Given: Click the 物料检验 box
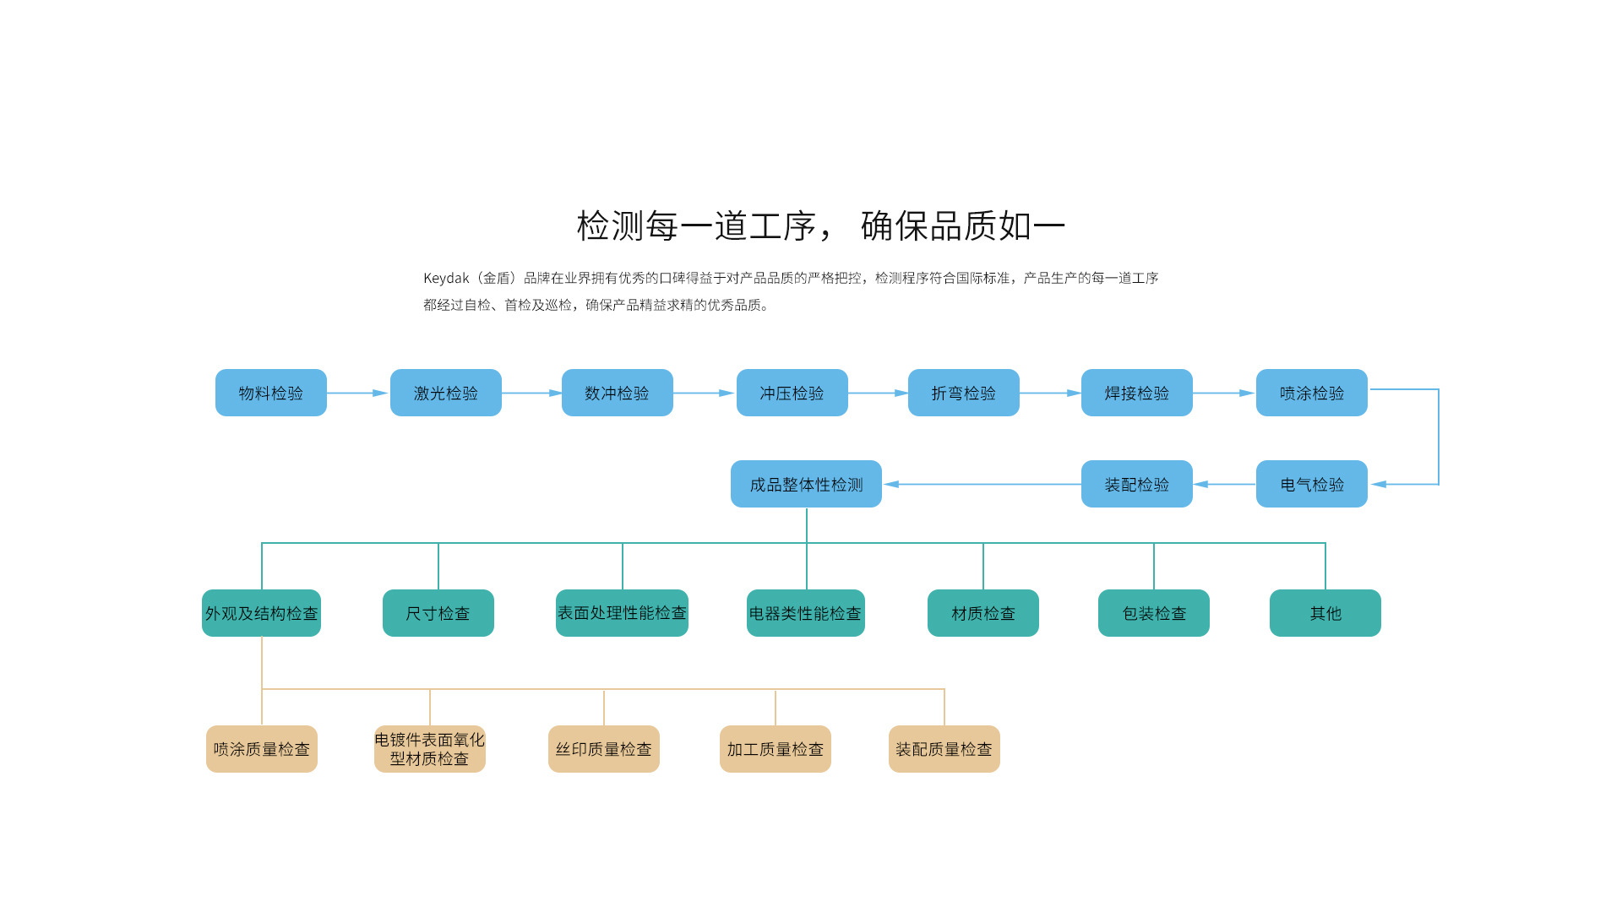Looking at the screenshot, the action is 271,393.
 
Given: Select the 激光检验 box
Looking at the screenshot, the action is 446,393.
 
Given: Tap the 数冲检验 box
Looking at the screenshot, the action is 618,393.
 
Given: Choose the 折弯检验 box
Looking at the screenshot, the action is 964,393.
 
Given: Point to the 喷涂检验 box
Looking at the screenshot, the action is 1312,393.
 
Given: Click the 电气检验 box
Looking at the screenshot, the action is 1312,484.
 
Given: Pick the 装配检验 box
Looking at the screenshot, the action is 1137,484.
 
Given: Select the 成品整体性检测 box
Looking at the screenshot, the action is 806,484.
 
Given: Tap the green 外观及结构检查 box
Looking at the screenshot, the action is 262,613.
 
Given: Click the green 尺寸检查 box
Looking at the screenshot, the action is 438,613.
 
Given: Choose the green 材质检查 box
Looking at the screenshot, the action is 983,613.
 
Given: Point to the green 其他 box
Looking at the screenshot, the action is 1325,613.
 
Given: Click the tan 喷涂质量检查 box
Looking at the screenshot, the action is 262,749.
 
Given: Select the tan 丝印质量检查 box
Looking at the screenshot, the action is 604,749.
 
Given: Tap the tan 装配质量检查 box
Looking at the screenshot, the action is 944,749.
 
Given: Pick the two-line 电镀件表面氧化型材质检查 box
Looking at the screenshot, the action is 430,749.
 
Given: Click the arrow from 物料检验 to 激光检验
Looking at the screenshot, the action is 357,393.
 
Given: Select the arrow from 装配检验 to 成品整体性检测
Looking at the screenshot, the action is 982,484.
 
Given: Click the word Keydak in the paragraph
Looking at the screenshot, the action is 446,279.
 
